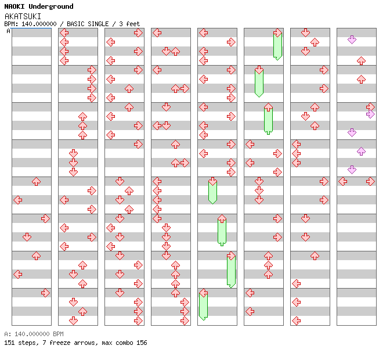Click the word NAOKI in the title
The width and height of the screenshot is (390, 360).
pos(15,6)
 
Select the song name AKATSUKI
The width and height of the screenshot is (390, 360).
pos(23,16)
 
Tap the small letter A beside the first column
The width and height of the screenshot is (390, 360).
pos(8,31)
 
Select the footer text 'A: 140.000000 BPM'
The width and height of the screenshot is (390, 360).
pos(34,334)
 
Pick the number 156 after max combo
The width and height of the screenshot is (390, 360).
pos(141,343)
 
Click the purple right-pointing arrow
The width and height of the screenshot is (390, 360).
pos(370,114)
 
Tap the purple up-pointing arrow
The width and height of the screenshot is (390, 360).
pos(361,151)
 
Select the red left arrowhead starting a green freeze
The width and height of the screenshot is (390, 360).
pos(203,293)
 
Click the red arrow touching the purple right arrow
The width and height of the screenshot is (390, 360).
pos(370,107)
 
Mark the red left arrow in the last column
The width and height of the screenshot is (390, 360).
pos(342,181)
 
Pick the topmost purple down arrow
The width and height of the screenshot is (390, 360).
pos(352,39)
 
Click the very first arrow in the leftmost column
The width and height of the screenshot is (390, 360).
pos(36,181)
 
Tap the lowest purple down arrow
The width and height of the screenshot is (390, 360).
pos(352,170)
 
